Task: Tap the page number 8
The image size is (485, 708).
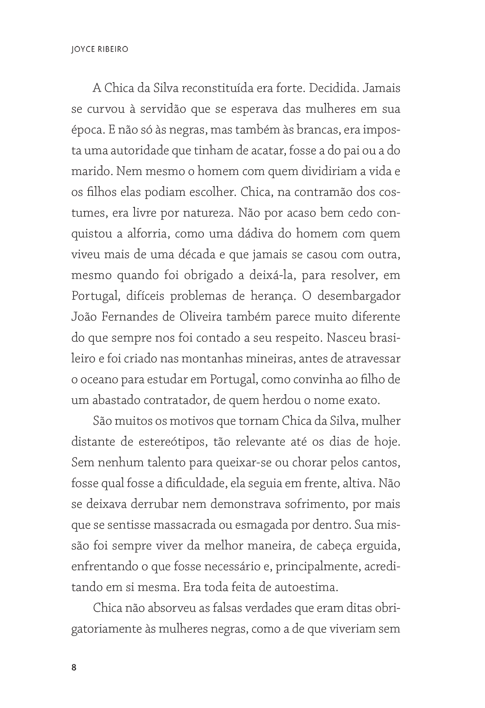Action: pos(74,667)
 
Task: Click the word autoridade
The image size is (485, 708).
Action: pos(136,151)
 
